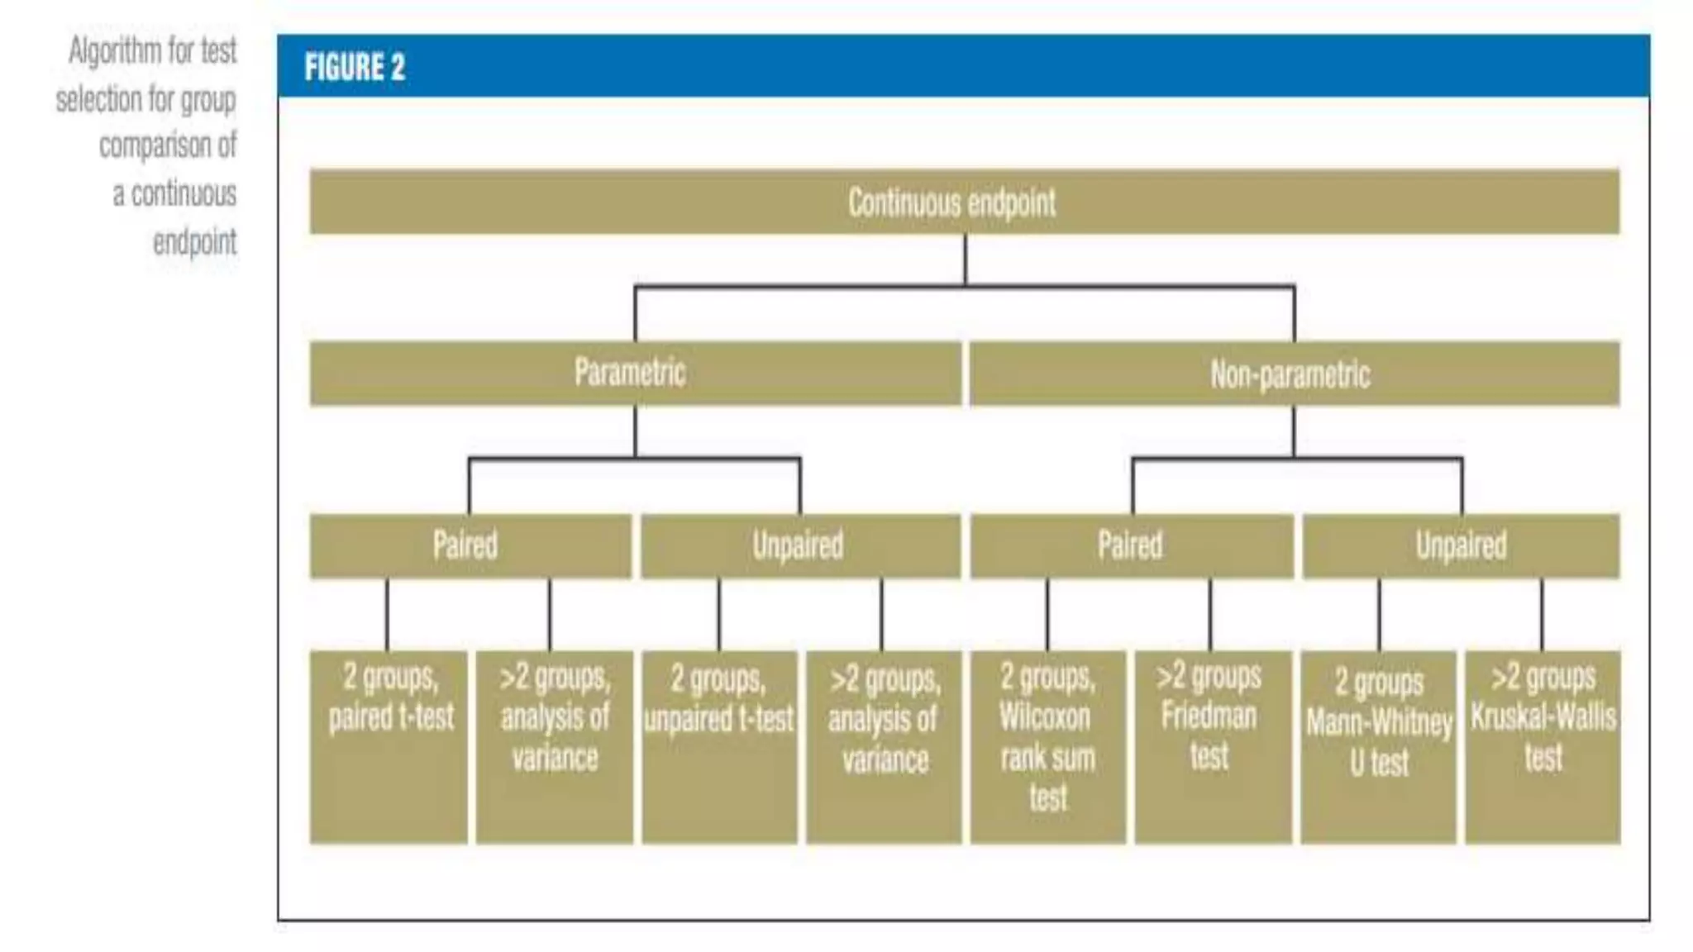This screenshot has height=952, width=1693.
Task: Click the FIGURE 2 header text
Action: [355, 67]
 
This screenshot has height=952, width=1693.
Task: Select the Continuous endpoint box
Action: [964, 202]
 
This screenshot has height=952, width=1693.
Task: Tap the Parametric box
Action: [635, 374]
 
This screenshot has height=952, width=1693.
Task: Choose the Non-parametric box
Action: [1294, 374]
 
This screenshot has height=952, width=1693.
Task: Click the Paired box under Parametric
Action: [470, 545]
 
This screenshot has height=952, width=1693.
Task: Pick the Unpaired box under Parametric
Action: [800, 545]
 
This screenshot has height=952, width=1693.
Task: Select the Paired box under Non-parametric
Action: [1131, 545]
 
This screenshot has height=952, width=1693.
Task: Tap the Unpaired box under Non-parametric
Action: [1461, 545]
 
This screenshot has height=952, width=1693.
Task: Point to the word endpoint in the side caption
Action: [195, 242]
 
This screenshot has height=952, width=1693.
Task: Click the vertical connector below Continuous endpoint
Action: [965, 260]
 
